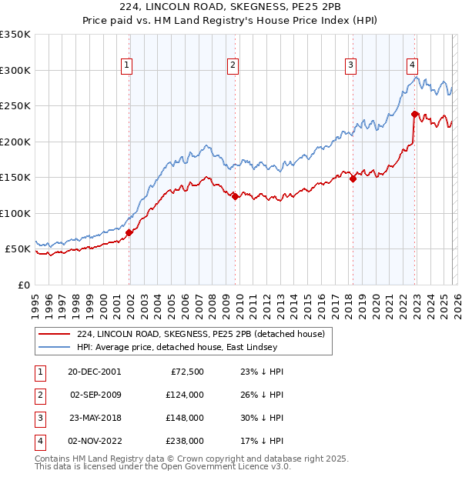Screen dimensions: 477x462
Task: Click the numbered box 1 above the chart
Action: (x=126, y=65)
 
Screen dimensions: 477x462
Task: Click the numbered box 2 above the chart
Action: (x=232, y=65)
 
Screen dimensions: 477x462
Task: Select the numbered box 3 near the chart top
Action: (x=350, y=65)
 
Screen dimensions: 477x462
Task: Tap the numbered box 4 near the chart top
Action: (x=413, y=65)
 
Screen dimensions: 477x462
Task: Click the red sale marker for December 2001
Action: (x=129, y=232)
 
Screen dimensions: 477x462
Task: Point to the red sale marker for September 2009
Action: (x=235, y=196)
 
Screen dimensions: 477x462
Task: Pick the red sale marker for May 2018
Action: (x=353, y=178)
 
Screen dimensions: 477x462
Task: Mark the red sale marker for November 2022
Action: (x=414, y=114)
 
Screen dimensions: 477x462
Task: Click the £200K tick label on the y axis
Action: (x=15, y=142)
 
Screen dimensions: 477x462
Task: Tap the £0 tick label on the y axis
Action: (x=25, y=285)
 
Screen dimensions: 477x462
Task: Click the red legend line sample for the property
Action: (x=55, y=334)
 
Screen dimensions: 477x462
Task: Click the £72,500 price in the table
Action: (x=186, y=371)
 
